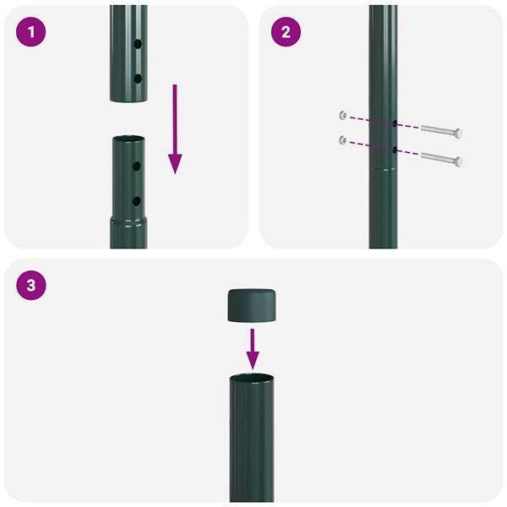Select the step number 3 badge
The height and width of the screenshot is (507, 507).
pos(31,286)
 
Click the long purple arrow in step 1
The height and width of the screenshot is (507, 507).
pos(175,128)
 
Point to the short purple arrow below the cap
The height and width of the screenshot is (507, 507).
pos(252,346)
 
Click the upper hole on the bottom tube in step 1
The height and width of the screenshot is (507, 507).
pos(136,167)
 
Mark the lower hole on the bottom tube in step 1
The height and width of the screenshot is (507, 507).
pos(136,201)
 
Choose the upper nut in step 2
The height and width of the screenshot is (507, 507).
pos(341,115)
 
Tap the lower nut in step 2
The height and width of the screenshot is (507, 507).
pos(341,140)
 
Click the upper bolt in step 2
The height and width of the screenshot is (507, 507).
pos(439,132)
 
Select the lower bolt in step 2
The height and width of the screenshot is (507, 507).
pos(439,158)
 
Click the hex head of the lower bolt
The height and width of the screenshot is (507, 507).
pos(458,160)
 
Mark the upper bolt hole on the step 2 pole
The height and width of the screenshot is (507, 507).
pos(394,123)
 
